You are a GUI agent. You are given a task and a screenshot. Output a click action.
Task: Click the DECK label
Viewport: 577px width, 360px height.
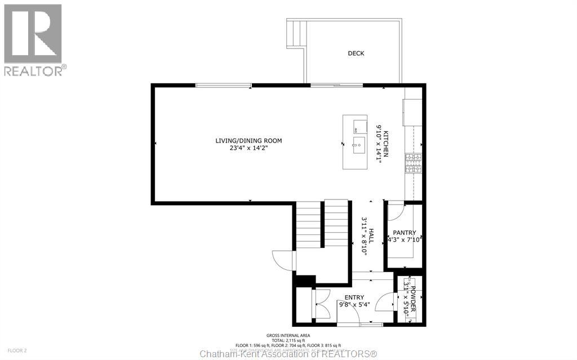(x=356, y=54)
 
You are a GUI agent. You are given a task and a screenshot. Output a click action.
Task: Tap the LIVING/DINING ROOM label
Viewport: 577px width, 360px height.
(x=248, y=141)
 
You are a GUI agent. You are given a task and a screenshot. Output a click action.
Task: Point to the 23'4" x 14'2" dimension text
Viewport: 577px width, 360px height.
(x=248, y=149)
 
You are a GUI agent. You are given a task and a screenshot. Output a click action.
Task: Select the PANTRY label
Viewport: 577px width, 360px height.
(x=405, y=233)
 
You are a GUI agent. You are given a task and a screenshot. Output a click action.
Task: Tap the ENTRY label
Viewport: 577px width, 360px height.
(x=354, y=297)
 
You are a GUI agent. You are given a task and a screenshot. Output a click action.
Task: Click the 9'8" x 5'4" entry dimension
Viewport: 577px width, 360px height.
(x=354, y=305)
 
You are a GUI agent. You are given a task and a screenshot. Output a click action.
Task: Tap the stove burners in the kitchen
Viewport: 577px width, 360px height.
(x=410, y=163)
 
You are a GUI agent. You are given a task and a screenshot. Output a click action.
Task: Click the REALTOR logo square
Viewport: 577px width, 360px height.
(x=33, y=34)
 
